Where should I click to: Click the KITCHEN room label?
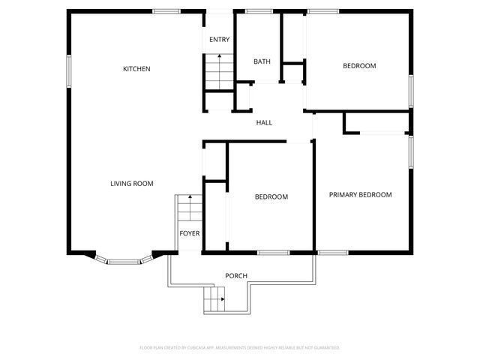(x=136, y=69)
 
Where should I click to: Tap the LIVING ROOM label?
(x=132, y=184)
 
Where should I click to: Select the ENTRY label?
(x=219, y=40)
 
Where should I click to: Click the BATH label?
(x=262, y=61)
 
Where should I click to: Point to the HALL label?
(x=264, y=123)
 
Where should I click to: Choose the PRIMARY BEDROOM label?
(x=361, y=195)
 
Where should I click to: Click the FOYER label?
(x=190, y=233)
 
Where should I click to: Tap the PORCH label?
(x=236, y=276)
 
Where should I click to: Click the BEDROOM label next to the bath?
(x=359, y=66)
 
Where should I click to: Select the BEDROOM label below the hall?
(x=271, y=197)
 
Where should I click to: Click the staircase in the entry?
(x=218, y=71)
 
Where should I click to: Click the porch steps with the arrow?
(x=215, y=301)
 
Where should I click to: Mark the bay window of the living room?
(x=124, y=260)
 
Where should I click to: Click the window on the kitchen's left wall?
(x=69, y=71)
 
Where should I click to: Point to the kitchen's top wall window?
(x=166, y=11)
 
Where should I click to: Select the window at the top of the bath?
(x=259, y=11)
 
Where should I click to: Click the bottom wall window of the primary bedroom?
(x=331, y=252)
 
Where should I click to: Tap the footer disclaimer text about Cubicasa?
(x=240, y=348)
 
